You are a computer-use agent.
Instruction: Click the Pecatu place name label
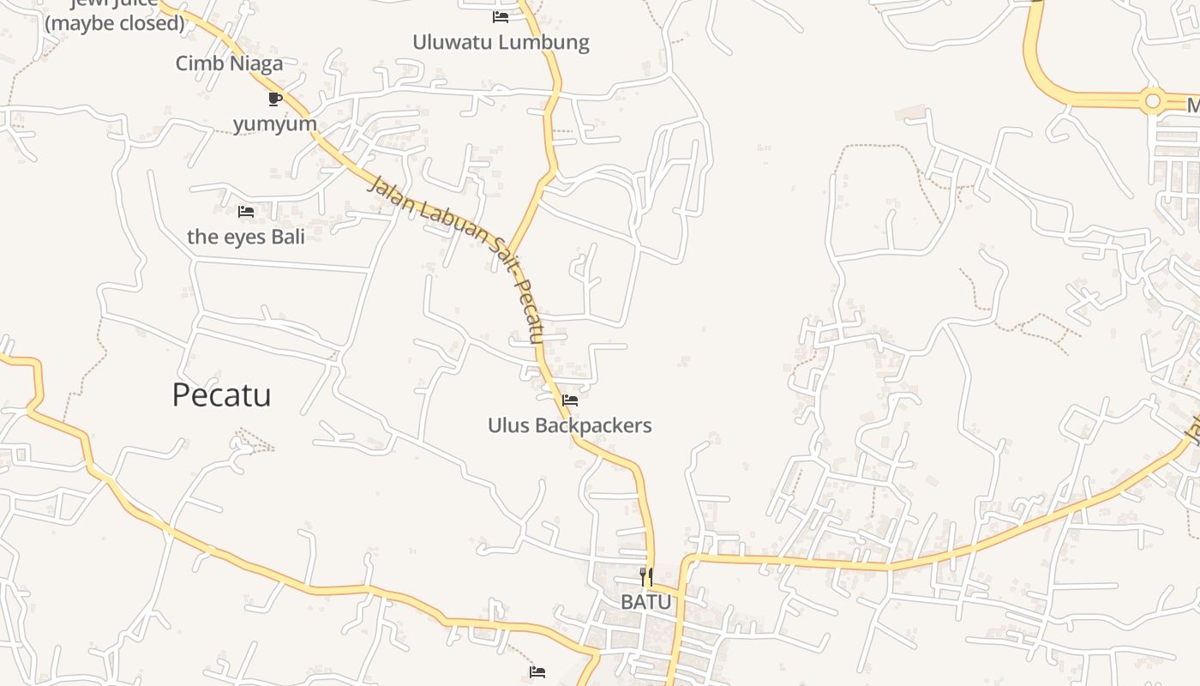(x=221, y=394)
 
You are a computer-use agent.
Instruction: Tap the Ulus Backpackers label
(x=569, y=425)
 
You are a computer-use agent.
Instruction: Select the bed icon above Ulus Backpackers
(x=570, y=400)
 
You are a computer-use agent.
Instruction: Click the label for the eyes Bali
(x=246, y=237)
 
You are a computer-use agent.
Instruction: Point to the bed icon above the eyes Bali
(x=246, y=211)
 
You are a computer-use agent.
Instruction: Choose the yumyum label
(x=275, y=124)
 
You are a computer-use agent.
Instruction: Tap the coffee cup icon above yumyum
(x=275, y=99)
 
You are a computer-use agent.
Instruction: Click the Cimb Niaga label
(x=229, y=63)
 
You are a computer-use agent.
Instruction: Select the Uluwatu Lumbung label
(x=501, y=42)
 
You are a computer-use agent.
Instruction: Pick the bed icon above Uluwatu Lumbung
(x=501, y=16)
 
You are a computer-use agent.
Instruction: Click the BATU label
(x=646, y=602)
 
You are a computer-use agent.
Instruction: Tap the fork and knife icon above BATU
(x=646, y=576)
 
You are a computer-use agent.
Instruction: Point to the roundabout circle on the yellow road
(x=1153, y=102)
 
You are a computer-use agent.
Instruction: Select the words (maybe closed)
(x=115, y=23)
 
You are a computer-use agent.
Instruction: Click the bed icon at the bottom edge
(x=537, y=672)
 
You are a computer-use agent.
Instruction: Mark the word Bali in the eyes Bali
(x=288, y=237)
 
